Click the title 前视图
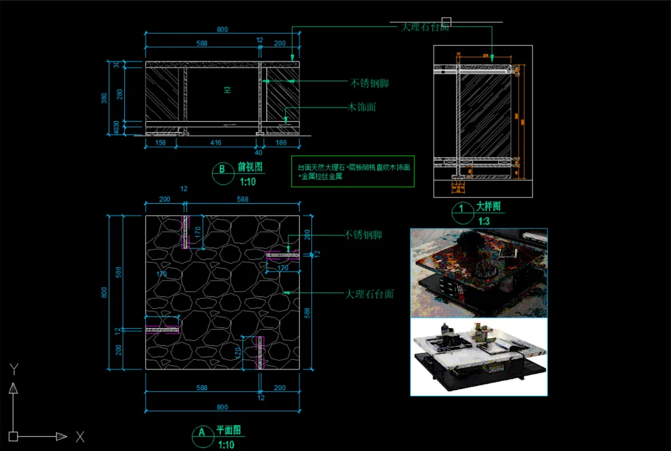[250, 167]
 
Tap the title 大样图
[488, 207]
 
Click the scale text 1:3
[484, 221]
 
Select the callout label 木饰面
[362, 107]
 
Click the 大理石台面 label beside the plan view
[370, 293]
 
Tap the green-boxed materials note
[353, 171]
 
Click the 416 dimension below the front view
[216, 143]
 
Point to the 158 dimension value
[160, 143]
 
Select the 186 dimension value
[281, 143]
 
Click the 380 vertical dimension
[104, 98]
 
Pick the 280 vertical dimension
[120, 94]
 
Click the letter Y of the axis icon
[14, 370]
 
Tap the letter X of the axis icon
[80, 437]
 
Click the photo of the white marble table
[478, 357]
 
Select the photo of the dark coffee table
[478, 273]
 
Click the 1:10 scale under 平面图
[226, 444]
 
